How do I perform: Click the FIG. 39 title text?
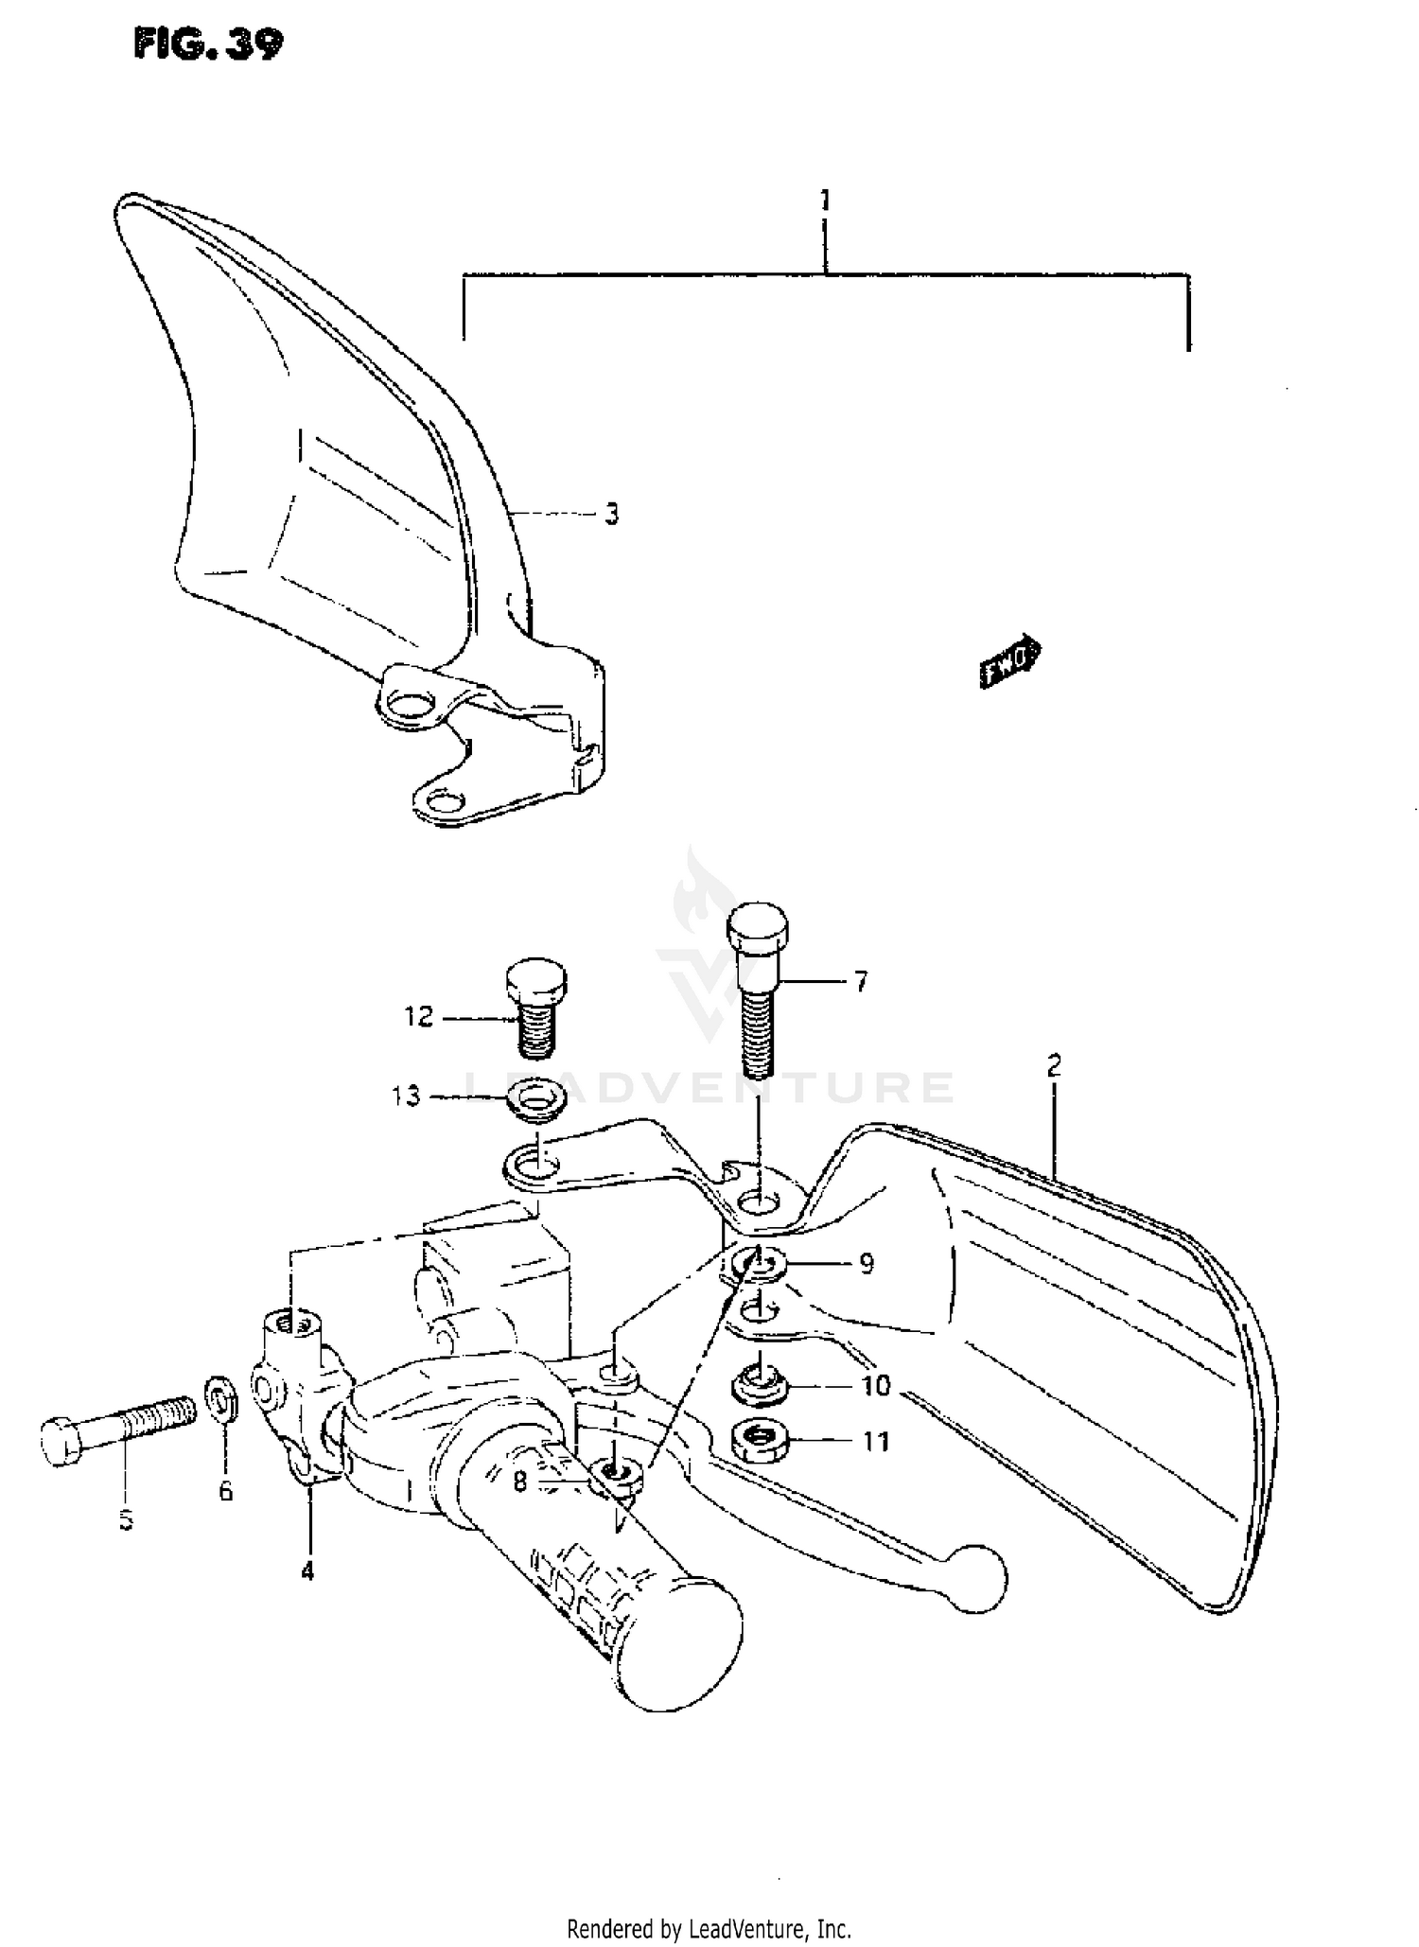(208, 44)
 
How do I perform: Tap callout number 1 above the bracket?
(825, 201)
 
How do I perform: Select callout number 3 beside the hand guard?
(612, 515)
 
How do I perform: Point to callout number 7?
(860, 982)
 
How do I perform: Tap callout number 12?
(418, 1017)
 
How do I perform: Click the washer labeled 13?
(535, 1099)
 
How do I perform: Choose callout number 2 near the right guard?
(1054, 1066)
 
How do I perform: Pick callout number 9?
(866, 1264)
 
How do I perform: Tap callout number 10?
(876, 1386)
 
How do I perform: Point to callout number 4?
(307, 1571)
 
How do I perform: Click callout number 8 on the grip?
(519, 1482)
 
